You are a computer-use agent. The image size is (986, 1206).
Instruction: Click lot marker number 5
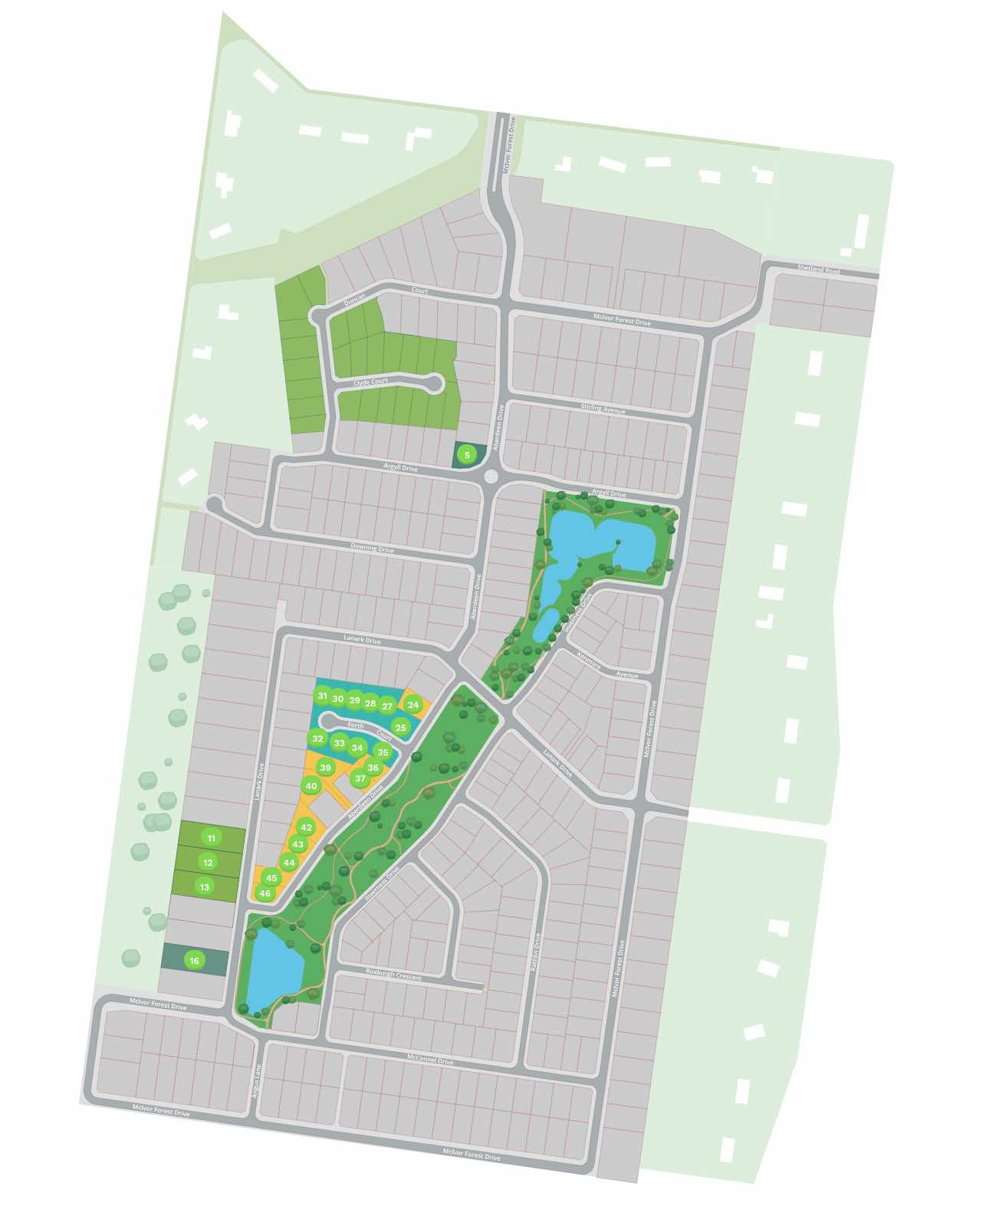pyautogui.click(x=465, y=454)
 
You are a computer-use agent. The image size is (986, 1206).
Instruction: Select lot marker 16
pyautogui.click(x=195, y=961)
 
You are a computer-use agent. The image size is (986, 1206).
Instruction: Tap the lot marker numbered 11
pyautogui.click(x=212, y=838)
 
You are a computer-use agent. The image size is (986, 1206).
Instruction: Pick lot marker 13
pyautogui.click(x=204, y=887)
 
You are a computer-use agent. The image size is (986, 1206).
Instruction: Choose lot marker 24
pyautogui.click(x=413, y=705)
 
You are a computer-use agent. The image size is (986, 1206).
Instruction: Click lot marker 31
pyautogui.click(x=322, y=696)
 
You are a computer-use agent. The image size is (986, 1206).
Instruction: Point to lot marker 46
pyautogui.click(x=265, y=893)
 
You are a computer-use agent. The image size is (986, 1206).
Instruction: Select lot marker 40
pyautogui.click(x=311, y=786)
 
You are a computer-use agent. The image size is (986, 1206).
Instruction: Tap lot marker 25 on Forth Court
pyautogui.click(x=400, y=727)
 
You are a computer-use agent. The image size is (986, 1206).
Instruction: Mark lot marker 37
pyautogui.click(x=360, y=778)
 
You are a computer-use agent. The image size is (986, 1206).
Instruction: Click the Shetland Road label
pyautogui.click(x=818, y=270)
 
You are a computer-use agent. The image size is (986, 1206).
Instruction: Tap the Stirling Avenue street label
pyautogui.click(x=603, y=409)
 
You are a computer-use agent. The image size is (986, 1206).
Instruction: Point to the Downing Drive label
pyautogui.click(x=372, y=549)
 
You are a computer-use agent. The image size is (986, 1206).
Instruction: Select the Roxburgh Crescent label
pyautogui.click(x=393, y=975)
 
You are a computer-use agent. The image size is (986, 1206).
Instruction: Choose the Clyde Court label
pyautogui.click(x=370, y=382)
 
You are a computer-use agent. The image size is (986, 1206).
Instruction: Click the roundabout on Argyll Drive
pyautogui.click(x=491, y=477)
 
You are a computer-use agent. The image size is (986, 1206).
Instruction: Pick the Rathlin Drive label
pyautogui.click(x=536, y=952)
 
